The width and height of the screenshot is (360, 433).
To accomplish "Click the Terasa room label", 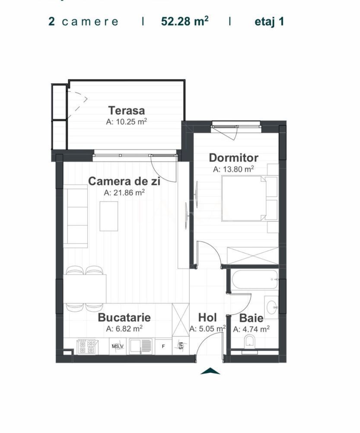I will [x=126, y=110].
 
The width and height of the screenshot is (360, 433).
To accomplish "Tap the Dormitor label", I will [x=233, y=158].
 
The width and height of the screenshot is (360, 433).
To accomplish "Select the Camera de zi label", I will [x=124, y=181].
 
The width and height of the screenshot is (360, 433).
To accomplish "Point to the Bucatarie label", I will [x=124, y=317].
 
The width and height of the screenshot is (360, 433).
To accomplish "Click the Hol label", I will [x=207, y=318].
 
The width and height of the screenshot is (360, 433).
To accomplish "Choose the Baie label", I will [x=252, y=318].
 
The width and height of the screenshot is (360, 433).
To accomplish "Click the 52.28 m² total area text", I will [x=185, y=22].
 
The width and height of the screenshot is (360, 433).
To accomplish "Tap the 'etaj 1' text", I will [x=269, y=22].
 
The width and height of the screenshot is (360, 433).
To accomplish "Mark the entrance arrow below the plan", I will [x=210, y=371].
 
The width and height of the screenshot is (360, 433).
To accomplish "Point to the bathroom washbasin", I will [x=272, y=307].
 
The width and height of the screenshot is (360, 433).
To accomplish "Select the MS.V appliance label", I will [x=118, y=346].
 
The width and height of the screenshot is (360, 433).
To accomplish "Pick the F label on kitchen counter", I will [x=163, y=346].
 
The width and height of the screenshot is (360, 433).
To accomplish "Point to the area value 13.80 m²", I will [x=233, y=169].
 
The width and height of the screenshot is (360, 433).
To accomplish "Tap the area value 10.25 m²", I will [x=126, y=122].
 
